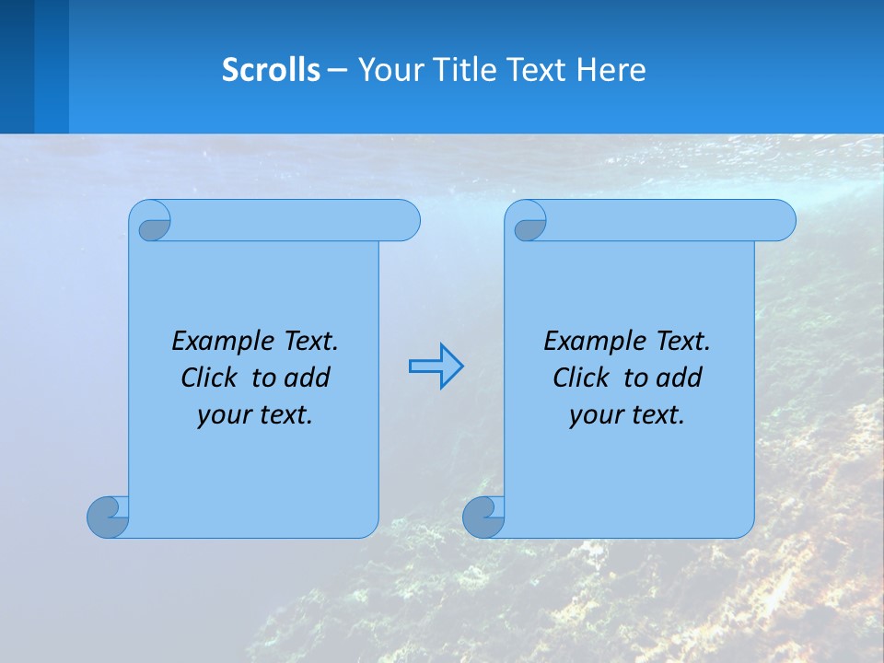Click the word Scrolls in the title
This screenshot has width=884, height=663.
click(271, 70)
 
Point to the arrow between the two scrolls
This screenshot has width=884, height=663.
click(436, 366)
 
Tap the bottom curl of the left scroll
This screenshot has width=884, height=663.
click(109, 517)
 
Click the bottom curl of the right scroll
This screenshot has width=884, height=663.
click(484, 517)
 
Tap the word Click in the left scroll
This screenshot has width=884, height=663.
click(209, 378)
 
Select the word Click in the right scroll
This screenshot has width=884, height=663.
click(581, 378)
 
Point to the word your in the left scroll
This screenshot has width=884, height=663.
click(222, 415)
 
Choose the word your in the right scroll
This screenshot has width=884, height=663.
click(594, 415)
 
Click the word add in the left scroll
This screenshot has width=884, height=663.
click(307, 378)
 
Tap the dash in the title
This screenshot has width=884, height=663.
click(337, 70)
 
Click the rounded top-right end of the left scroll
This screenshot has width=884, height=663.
click(405, 220)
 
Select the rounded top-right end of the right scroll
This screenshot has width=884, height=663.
click(781, 220)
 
